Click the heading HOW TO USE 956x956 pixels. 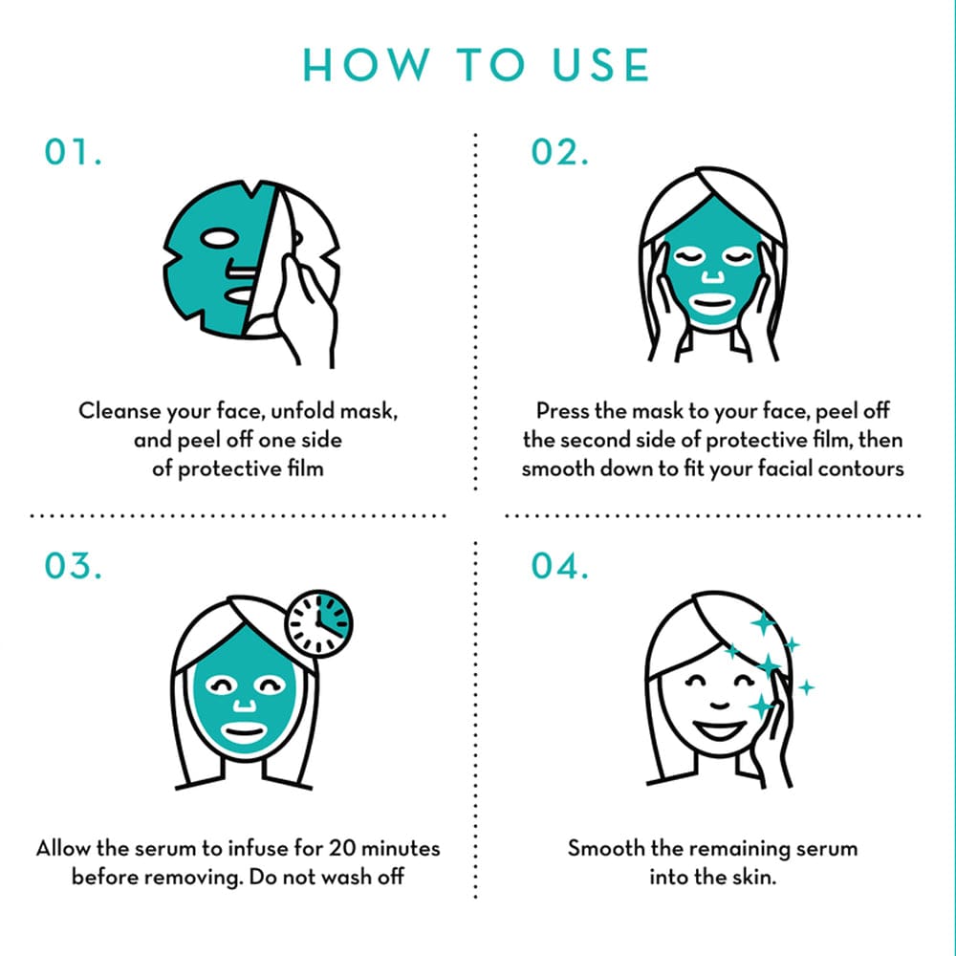click(x=476, y=65)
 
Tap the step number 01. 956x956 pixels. click(x=74, y=154)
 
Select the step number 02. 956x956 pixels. click(x=560, y=154)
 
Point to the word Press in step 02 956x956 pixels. click(x=562, y=412)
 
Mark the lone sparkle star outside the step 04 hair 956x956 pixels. click(x=807, y=686)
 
